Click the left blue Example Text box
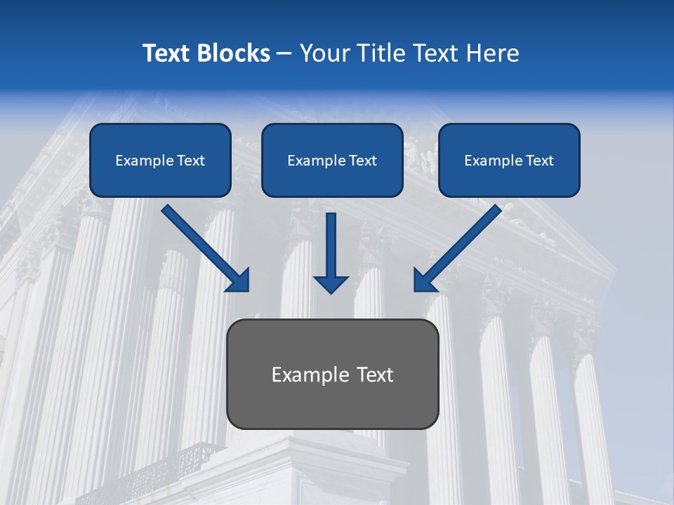[160, 160]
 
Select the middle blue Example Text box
[332, 160]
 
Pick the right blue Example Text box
[509, 160]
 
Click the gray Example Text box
[332, 374]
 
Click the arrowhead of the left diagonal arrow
[239, 281]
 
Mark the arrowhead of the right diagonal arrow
[425, 281]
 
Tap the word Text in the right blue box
[539, 161]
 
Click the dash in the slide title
[284, 54]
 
